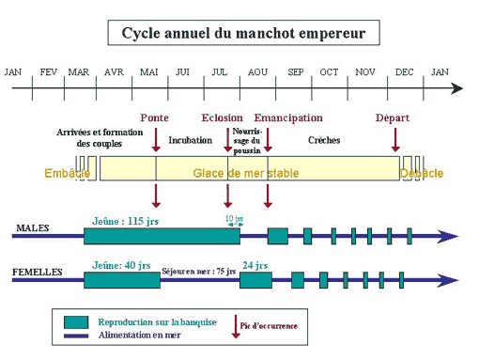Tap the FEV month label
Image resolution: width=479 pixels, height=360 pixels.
(49, 72)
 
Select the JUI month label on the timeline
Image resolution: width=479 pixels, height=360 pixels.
(183, 72)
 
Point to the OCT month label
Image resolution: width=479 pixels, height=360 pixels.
(329, 72)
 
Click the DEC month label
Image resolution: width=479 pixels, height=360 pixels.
(404, 72)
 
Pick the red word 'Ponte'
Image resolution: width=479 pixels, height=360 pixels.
(154, 117)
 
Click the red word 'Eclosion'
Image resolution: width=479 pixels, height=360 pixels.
(222, 117)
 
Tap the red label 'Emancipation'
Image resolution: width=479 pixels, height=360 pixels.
(288, 117)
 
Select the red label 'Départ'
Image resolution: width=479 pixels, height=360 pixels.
(393, 117)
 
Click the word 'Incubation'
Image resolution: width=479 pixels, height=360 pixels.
(191, 140)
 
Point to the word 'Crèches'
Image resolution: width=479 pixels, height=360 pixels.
(324, 140)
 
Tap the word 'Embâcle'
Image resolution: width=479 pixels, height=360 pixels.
(67, 173)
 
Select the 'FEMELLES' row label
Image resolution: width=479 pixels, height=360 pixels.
(38, 272)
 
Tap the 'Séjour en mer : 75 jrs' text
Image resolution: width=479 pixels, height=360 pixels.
(198, 268)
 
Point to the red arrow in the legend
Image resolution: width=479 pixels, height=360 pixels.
(236, 326)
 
